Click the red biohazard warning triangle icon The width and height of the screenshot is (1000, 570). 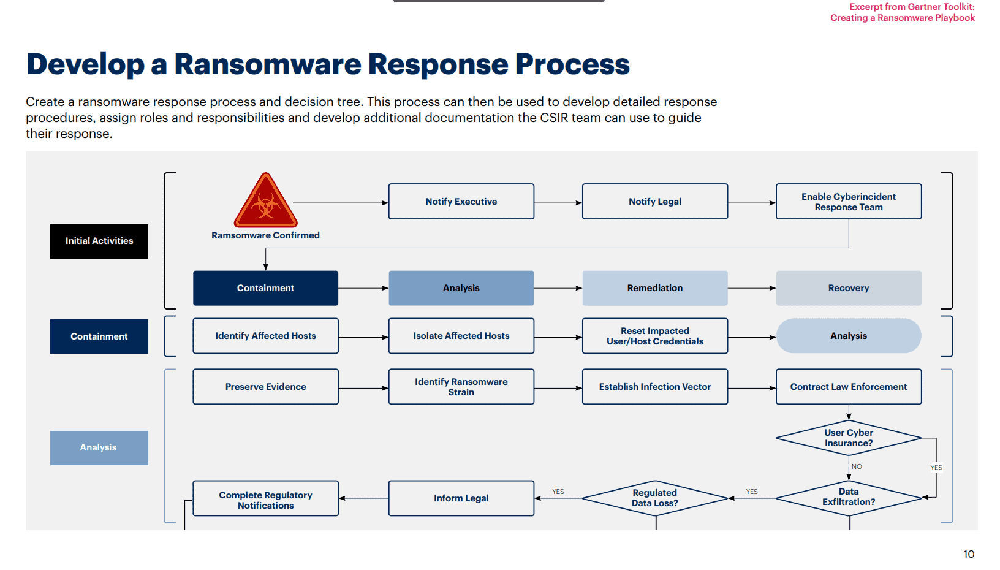(x=265, y=202)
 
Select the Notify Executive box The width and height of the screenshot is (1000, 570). (x=461, y=202)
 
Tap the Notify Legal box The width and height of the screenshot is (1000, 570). (x=654, y=202)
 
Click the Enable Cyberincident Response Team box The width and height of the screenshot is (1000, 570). (x=848, y=202)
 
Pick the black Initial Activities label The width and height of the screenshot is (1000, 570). (x=99, y=241)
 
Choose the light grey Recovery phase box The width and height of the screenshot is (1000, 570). (x=848, y=288)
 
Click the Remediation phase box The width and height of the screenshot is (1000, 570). (x=654, y=288)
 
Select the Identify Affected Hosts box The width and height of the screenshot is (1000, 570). (x=265, y=336)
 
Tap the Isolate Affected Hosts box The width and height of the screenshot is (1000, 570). (x=461, y=336)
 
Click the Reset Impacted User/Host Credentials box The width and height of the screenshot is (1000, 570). (x=654, y=336)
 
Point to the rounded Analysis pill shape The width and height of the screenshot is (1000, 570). (x=848, y=336)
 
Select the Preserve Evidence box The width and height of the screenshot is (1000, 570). (x=265, y=387)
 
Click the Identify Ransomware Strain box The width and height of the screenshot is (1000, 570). (x=461, y=387)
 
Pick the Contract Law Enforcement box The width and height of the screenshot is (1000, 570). (x=848, y=387)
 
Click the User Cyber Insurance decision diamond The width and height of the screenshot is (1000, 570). (x=848, y=438)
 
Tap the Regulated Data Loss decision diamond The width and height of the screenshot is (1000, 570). (x=654, y=498)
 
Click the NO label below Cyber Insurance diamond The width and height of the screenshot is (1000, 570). (x=857, y=466)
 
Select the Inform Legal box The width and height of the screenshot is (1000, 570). (x=461, y=498)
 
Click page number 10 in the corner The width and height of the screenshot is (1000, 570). (x=968, y=554)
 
